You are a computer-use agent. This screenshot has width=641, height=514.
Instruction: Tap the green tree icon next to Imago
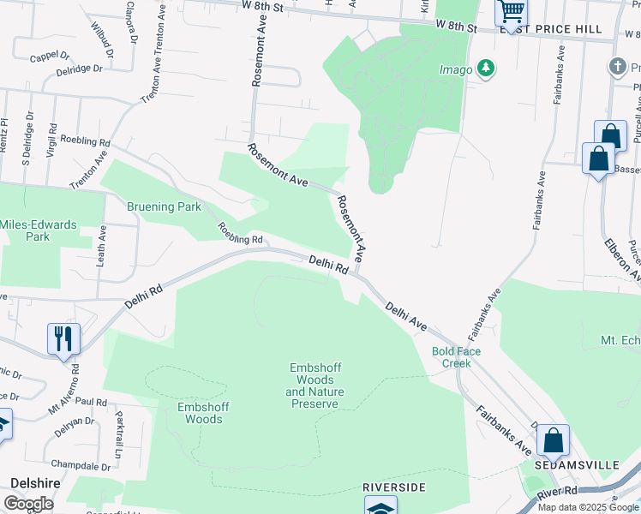pos(486,67)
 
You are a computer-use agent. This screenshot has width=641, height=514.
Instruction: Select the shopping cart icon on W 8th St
pos(512,12)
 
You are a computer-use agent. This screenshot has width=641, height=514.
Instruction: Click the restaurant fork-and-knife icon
pos(63,338)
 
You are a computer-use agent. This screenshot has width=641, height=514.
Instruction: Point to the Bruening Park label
pos(164,206)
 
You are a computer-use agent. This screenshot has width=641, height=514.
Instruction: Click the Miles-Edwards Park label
pos(38,230)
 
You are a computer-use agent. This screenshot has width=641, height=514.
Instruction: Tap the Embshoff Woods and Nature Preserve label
pos(315,385)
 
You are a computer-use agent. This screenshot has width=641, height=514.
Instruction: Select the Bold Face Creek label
pos(457,357)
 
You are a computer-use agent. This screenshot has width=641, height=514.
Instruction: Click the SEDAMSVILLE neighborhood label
pos(577,464)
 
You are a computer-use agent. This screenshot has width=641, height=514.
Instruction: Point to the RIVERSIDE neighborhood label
pos(394,487)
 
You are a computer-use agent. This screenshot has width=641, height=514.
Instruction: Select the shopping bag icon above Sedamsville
pos(554,441)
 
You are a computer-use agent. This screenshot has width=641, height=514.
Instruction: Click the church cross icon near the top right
pos(616,67)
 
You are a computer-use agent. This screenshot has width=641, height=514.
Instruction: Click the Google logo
pos(28,504)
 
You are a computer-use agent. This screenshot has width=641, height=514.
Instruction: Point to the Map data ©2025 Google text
pos(588,507)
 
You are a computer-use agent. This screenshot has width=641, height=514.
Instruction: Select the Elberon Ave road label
pos(623,254)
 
